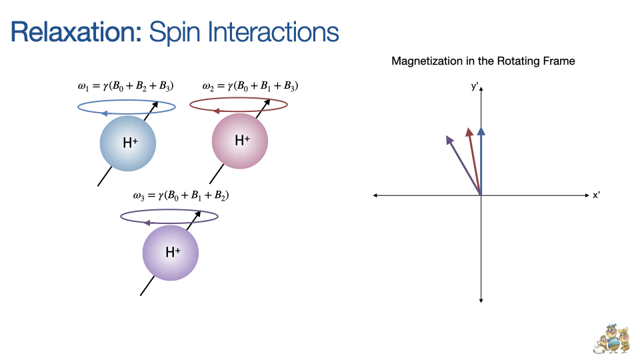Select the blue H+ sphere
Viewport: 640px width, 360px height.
pyautogui.click(x=127, y=143)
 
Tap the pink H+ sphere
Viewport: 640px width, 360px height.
pyautogui.click(x=240, y=141)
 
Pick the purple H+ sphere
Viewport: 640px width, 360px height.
pyautogui.click(x=171, y=253)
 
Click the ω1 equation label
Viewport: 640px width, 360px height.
pyautogui.click(x=126, y=86)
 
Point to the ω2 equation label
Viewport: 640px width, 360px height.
pyautogui.click(x=250, y=86)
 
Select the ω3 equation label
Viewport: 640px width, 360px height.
pyautogui.click(x=181, y=196)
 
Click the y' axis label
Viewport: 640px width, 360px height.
pyautogui.click(x=474, y=86)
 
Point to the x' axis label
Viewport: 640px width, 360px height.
pyautogui.click(x=597, y=195)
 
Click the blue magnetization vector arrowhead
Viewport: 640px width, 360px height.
pyautogui.click(x=481, y=131)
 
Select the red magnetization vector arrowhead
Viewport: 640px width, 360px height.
pyautogui.click(x=469, y=132)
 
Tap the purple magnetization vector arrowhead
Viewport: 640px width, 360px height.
pyautogui.click(x=449, y=139)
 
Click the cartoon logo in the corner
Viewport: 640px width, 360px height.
pyautogui.click(x=611, y=339)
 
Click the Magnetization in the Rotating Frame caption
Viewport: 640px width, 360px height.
pyautogui.click(x=483, y=61)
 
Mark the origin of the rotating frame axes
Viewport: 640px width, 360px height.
pyautogui.click(x=481, y=195)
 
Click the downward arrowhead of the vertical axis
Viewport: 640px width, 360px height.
pyautogui.click(x=481, y=300)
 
